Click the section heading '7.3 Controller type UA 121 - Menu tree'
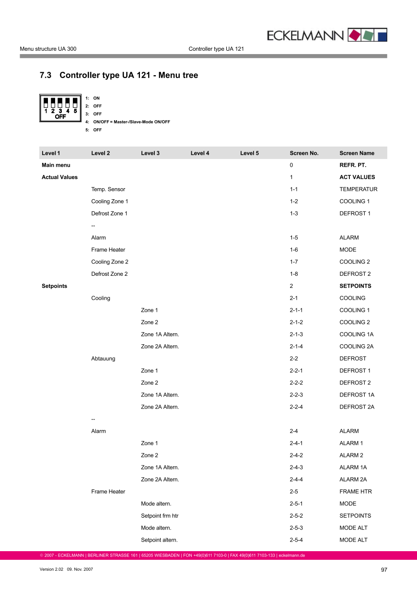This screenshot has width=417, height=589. (x=118, y=75)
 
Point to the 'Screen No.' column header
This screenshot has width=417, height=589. (x=304, y=153)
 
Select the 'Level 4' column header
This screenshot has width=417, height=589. (x=200, y=153)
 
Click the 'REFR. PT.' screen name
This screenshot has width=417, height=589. (x=353, y=165)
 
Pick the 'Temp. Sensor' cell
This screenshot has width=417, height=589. (x=108, y=189)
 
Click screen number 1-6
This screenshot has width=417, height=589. (x=294, y=249)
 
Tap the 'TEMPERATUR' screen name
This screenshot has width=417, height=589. (x=358, y=189)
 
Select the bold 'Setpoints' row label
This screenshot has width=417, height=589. (x=55, y=286)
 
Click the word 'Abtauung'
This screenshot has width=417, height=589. (x=103, y=358)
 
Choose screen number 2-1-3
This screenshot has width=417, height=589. (x=296, y=334)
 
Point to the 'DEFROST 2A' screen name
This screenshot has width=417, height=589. (x=357, y=407)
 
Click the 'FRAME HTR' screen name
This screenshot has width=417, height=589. (x=355, y=491)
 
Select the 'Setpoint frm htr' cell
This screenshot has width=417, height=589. (x=160, y=516)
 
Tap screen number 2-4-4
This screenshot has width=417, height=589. (x=296, y=479)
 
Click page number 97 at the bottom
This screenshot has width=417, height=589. (x=384, y=570)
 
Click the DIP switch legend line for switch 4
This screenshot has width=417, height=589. (x=127, y=122)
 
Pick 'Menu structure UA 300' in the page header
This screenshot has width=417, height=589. (x=48, y=49)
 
